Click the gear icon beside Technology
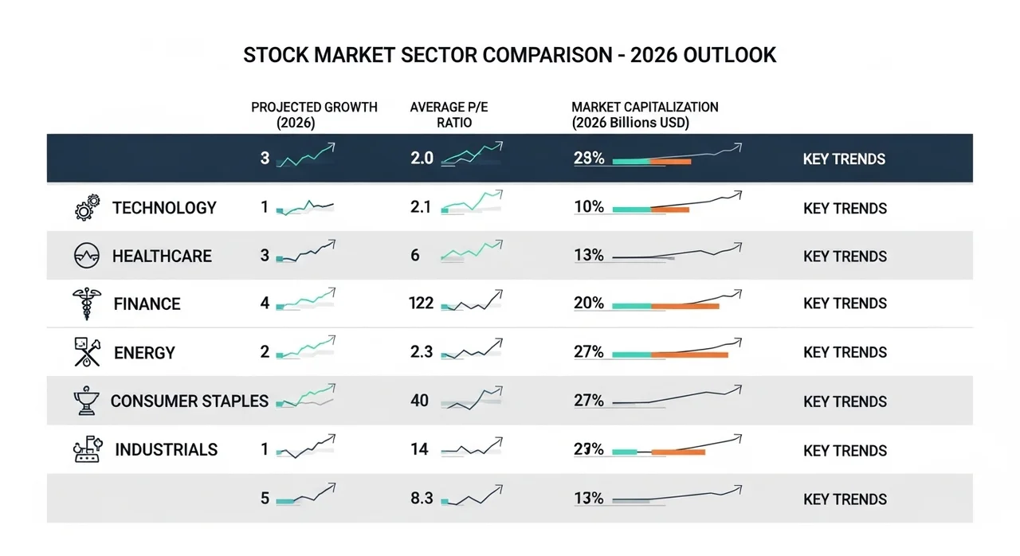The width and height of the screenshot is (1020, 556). [x=88, y=207]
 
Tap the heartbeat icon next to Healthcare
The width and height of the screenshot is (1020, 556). [x=87, y=255]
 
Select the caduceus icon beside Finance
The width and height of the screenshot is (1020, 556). [x=87, y=303]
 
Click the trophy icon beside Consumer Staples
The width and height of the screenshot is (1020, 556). [x=86, y=401]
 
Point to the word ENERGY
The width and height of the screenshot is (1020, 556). [x=144, y=353]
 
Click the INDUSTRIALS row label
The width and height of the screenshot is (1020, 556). [x=167, y=449]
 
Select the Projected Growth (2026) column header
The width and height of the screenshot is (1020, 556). [x=314, y=115]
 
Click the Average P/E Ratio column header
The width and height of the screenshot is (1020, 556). [x=449, y=115]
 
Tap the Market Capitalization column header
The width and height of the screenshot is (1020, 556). [x=645, y=115]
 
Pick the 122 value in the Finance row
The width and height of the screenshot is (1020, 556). [x=422, y=303]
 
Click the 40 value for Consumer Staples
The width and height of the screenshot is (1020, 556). [x=419, y=401]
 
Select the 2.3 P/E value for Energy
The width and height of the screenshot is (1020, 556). [x=422, y=352]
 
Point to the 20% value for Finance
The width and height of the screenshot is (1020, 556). [x=589, y=303]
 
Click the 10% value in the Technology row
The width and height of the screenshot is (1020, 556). [x=589, y=207]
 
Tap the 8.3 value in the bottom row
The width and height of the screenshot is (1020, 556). [x=422, y=498]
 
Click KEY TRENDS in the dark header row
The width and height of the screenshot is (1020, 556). [x=844, y=159]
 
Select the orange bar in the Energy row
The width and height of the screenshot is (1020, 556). [x=689, y=355]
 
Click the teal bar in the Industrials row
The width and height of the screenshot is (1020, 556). [x=625, y=452]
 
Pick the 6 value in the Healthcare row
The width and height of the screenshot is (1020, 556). [x=415, y=255]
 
